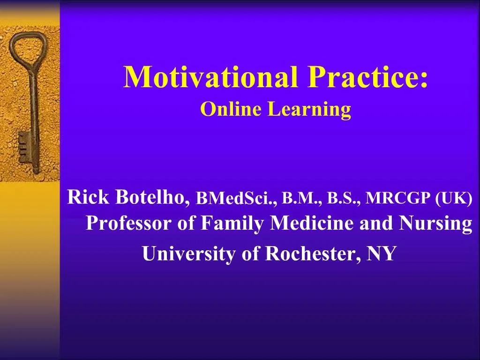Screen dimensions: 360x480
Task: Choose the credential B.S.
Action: pos(344,198)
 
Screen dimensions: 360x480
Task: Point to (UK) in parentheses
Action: pos(454,198)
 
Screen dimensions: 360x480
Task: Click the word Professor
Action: pos(128,224)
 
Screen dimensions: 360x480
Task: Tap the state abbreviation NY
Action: pos(382,254)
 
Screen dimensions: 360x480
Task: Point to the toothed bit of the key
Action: pos(23,146)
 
